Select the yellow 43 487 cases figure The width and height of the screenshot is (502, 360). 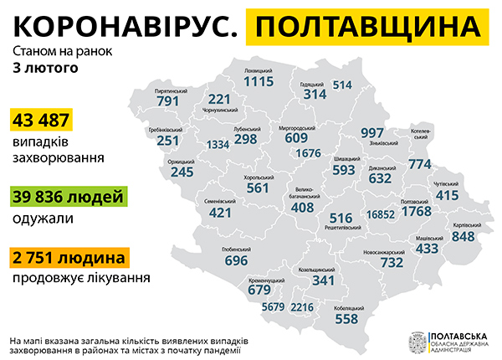pyautogui.click(x=39, y=120)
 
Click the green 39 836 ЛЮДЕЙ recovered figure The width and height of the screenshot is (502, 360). pyautogui.click(x=69, y=197)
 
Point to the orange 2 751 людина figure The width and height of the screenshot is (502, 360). pyautogui.click(x=69, y=257)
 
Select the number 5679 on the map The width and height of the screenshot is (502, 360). pyautogui.click(x=274, y=307)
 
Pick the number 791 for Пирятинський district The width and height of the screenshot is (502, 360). pyautogui.click(x=168, y=101)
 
